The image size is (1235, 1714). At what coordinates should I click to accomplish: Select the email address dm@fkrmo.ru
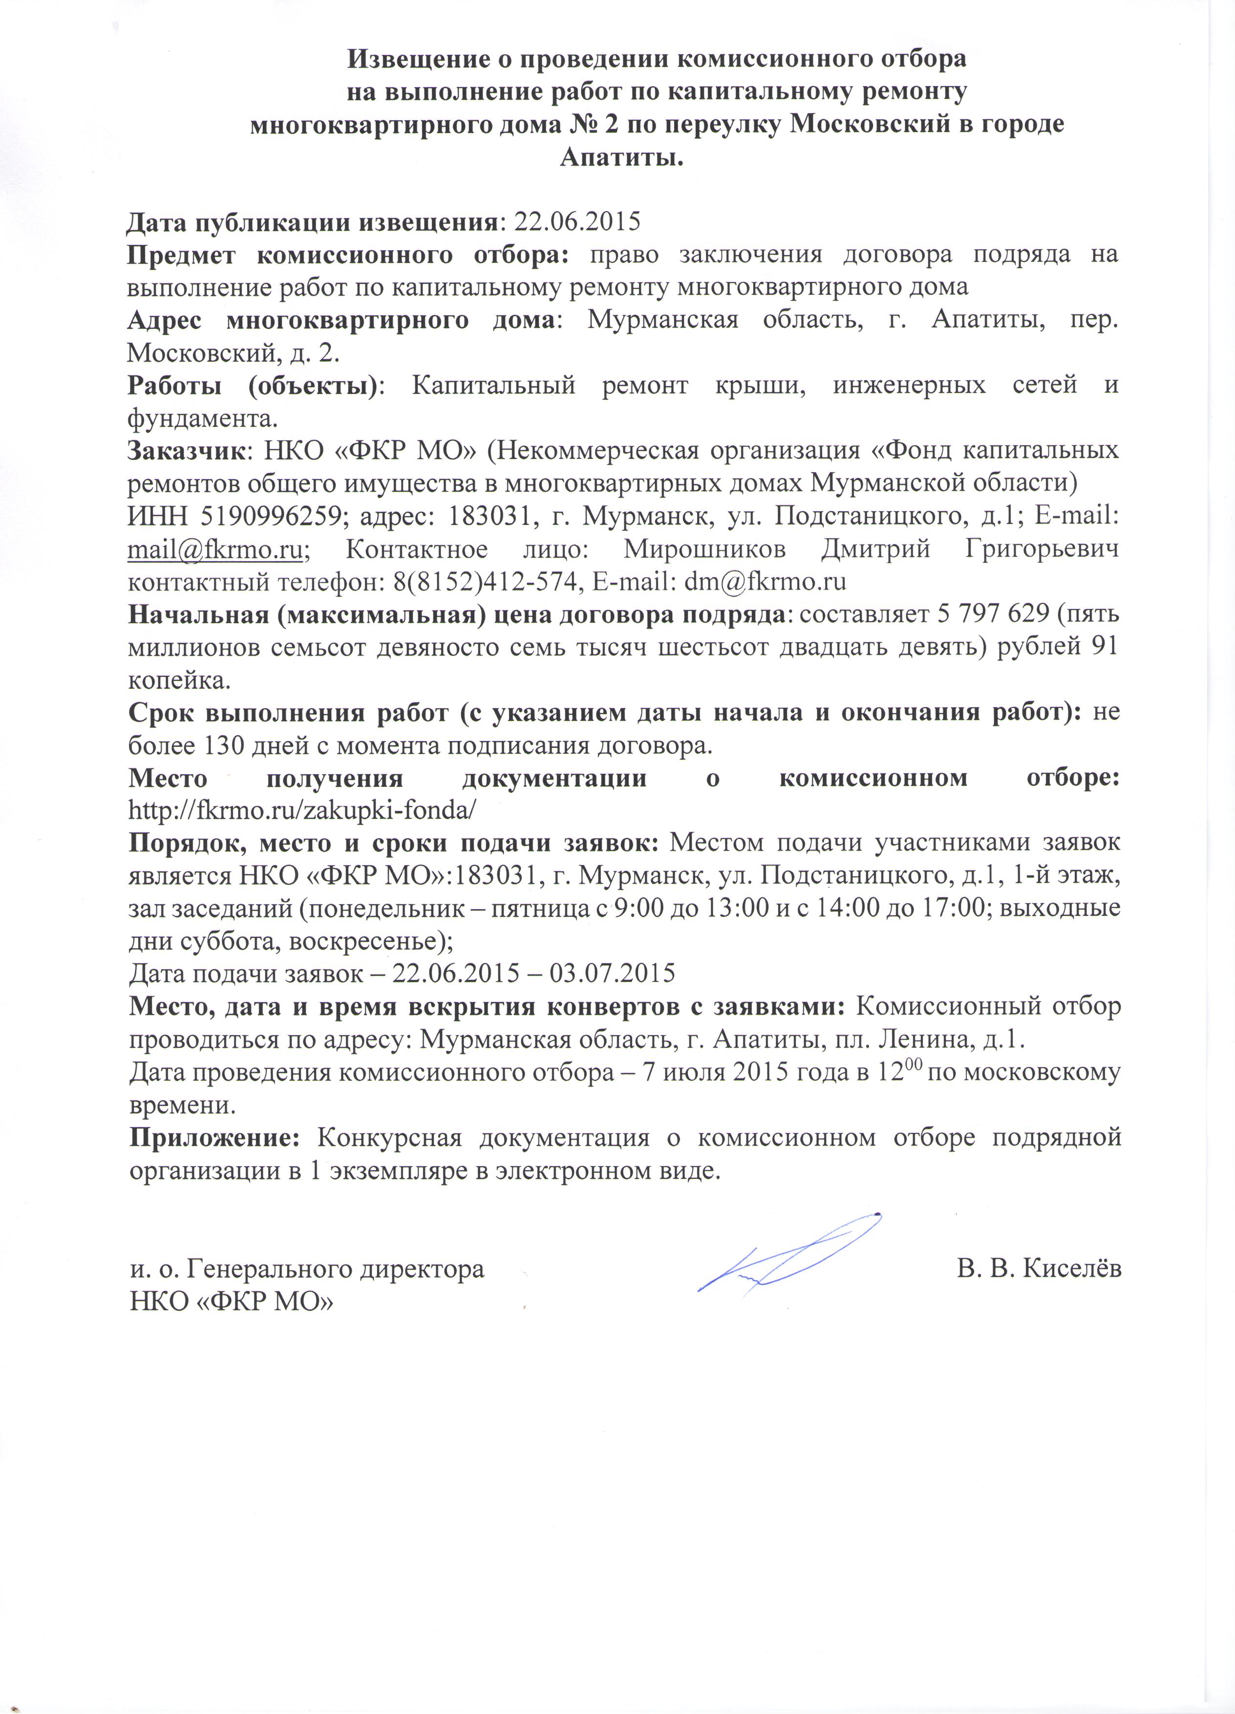click(x=765, y=581)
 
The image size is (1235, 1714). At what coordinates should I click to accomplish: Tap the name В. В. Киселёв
click(x=1039, y=1269)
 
